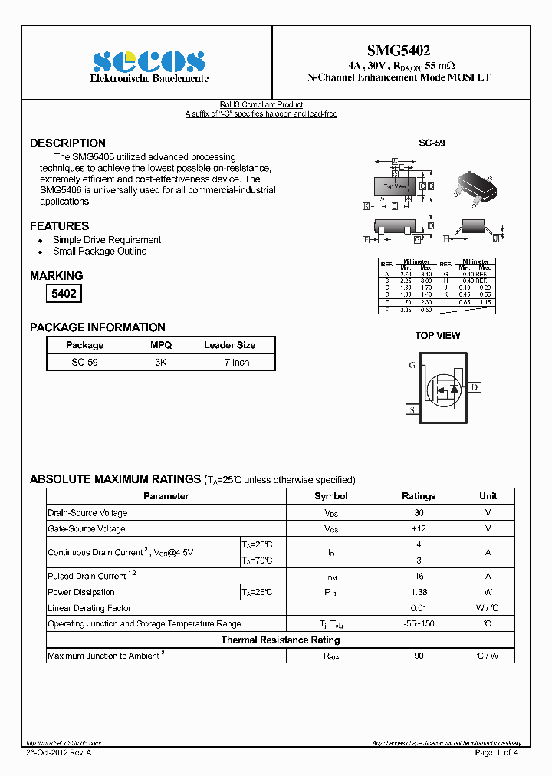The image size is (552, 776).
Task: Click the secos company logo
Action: (x=149, y=61)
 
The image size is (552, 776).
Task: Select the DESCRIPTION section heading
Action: (x=67, y=143)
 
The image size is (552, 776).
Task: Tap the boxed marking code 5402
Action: (x=64, y=293)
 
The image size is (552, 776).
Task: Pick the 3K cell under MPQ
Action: (x=160, y=363)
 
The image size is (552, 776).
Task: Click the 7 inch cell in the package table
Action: (x=237, y=363)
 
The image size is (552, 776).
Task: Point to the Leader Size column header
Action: (x=229, y=345)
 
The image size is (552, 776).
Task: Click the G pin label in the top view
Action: (x=412, y=366)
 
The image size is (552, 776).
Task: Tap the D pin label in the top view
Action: (x=475, y=387)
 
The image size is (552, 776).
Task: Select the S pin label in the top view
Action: (x=412, y=410)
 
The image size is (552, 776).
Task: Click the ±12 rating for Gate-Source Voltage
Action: (x=419, y=529)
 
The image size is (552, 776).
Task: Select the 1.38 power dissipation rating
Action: (x=419, y=592)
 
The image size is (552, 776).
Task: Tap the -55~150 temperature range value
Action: (x=419, y=624)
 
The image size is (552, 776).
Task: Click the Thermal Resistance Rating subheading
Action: (x=280, y=640)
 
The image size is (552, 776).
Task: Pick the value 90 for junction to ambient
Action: (x=419, y=656)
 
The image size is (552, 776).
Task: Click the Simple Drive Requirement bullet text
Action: (x=107, y=240)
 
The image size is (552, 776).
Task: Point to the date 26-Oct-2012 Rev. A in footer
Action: (x=58, y=753)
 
